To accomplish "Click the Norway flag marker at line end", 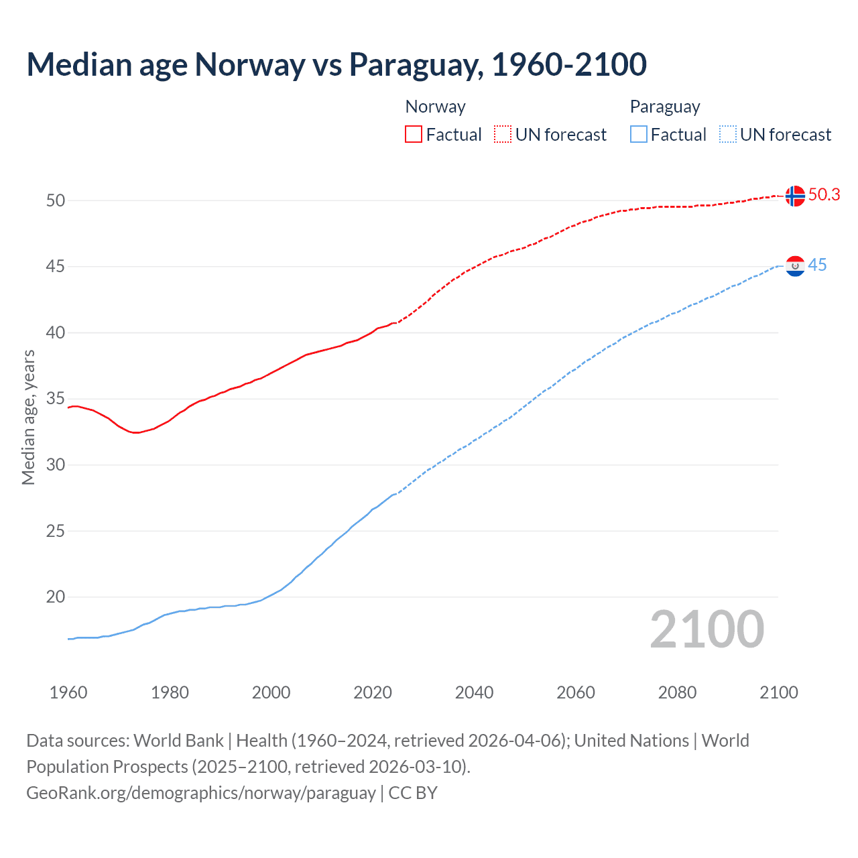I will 794,196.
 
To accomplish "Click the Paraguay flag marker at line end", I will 794,266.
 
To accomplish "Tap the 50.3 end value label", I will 824,194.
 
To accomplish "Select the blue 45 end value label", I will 817,265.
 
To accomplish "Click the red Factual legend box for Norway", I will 414,135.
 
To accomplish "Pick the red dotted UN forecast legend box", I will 503,135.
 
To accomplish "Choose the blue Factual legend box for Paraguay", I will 639,135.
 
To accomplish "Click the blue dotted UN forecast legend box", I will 728,135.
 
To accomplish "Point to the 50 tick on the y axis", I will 56,200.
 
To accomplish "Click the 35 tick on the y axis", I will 56,399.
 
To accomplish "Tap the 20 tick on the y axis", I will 56,597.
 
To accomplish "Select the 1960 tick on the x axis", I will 68,692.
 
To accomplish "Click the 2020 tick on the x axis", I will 373,692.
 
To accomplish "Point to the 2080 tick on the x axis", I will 677,692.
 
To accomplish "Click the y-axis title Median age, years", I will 28,417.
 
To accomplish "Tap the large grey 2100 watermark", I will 707,629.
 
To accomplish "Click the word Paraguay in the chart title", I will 416,64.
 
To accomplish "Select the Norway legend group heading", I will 435,107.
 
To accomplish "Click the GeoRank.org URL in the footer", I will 200,792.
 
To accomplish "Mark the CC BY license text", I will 413,792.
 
